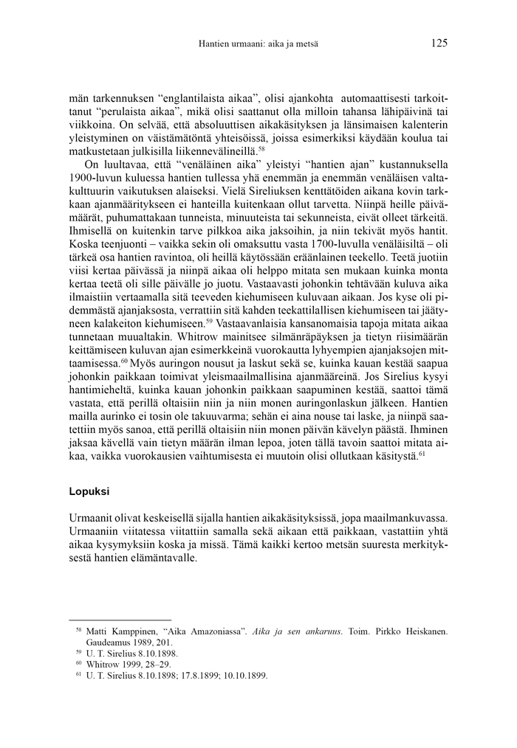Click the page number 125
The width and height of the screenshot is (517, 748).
point(439,44)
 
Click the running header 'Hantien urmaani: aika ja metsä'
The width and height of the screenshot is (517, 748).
point(258,44)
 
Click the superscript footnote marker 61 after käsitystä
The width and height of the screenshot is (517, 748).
point(422,454)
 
